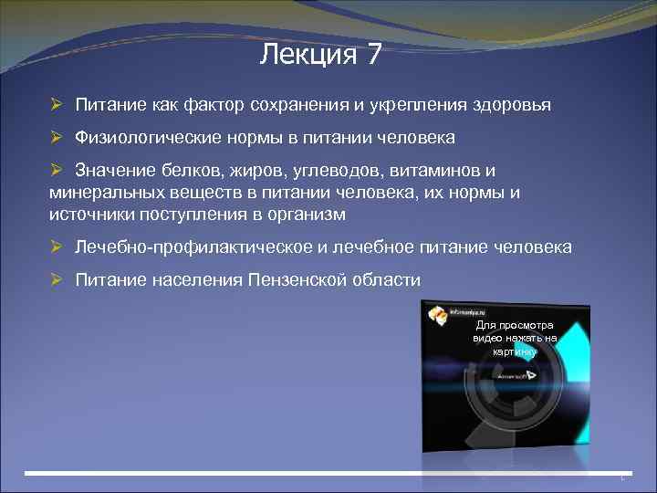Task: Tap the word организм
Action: point(305,214)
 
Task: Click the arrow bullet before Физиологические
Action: point(57,138)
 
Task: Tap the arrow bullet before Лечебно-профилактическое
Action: point(57,246)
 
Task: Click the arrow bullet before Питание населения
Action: point(57,279)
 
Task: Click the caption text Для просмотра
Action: point(514,326)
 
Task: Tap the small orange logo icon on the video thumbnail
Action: point(439,315)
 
